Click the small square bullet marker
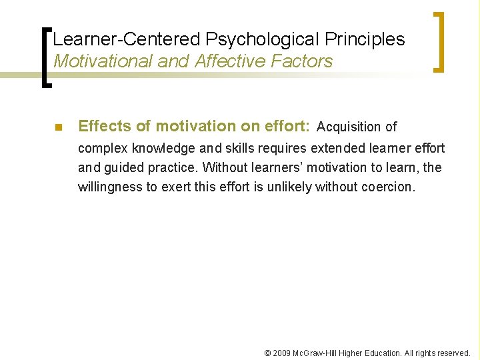(58, 127)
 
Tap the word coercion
(388, 187)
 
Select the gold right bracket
(438, 41)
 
